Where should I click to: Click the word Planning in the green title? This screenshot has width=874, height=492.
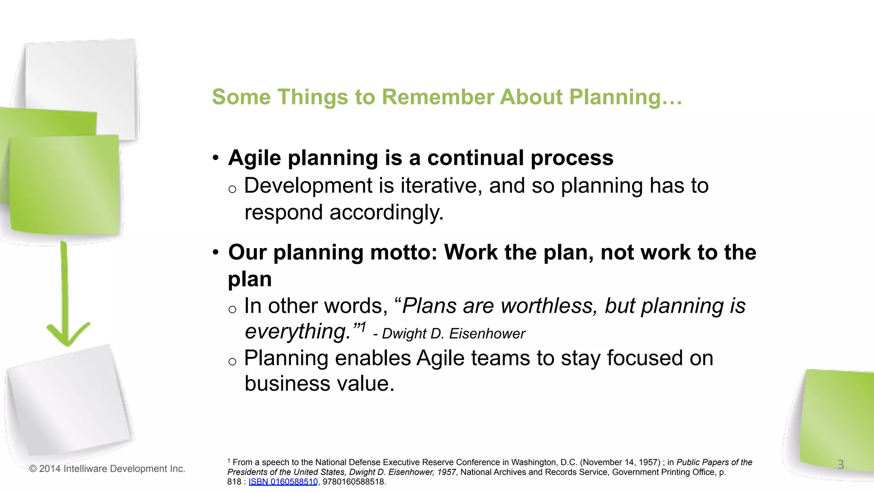pos(615,97)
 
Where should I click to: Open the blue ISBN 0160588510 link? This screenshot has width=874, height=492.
pos(283,482)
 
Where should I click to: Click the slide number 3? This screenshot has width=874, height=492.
pos(840,464)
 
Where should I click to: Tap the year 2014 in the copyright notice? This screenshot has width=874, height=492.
pos(50,469)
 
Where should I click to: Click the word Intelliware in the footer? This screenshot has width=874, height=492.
pos(86,469)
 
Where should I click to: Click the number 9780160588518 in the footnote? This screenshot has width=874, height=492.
pos(353,482)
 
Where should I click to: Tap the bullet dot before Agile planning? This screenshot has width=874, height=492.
pos(216,158)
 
